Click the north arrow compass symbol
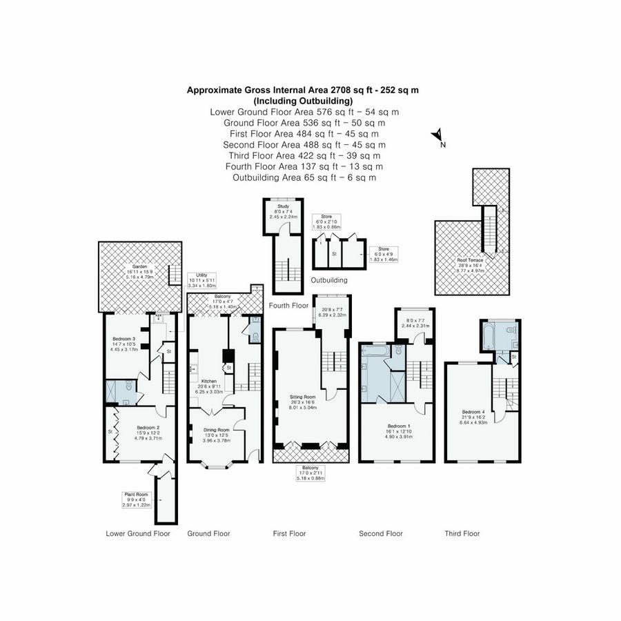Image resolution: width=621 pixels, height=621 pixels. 437,136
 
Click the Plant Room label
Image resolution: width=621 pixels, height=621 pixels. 135,495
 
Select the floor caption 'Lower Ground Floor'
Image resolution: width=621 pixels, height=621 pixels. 138,533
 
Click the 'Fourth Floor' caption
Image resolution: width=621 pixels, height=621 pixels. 288,305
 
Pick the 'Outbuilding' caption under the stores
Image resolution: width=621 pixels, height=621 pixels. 328,281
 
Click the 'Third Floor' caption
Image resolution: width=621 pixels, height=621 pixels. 462,533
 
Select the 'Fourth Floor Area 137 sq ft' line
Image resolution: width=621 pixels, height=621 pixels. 304,166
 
